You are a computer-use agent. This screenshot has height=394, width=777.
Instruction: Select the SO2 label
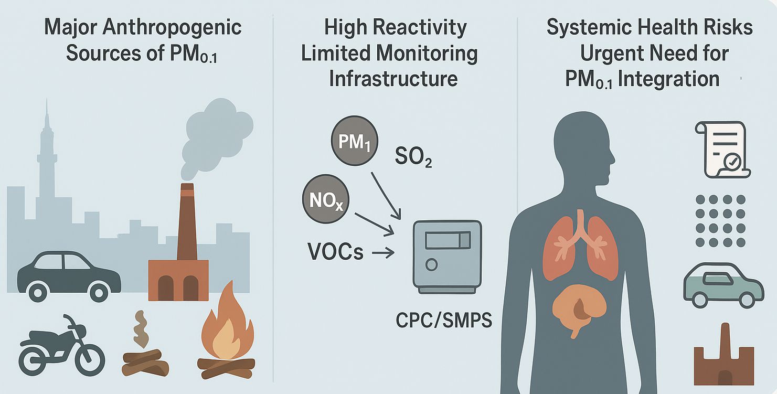(413, 156)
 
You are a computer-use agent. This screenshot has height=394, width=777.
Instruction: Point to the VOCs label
(336, 252)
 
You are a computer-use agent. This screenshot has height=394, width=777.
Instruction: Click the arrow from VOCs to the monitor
(382, 254)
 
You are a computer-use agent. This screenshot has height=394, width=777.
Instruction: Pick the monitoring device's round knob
(431, 265)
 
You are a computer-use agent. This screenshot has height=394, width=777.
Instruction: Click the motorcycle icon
(61, 345)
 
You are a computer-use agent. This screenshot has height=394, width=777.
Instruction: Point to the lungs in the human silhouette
(580, 247)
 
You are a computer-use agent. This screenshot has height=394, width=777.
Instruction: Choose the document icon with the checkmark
(722, 149)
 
